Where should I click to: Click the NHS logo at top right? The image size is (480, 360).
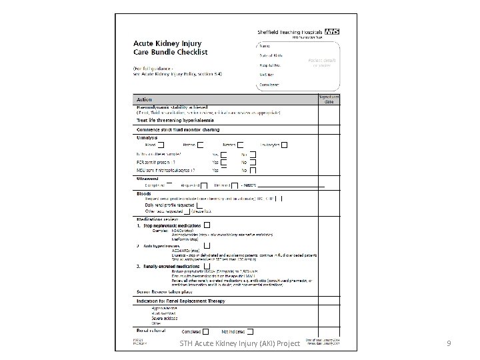coord(331,31)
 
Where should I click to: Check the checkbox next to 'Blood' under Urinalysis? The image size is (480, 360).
coord(163,144)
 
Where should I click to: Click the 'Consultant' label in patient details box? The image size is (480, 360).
coord(270,85)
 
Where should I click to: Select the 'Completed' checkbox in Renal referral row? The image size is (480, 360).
coord(206,331)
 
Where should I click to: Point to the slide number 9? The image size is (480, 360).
coord(449,344)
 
